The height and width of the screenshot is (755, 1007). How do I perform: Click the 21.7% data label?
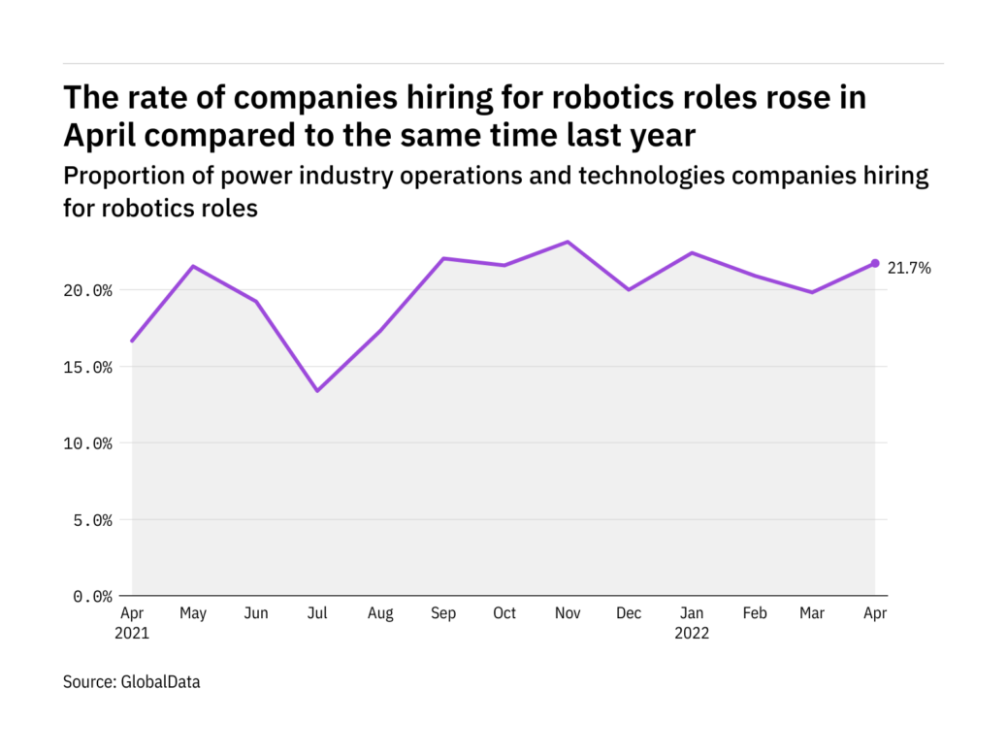coord(909,269)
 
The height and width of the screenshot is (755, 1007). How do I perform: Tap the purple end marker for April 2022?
coord(875,263)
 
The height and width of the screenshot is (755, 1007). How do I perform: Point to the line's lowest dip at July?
coord(317,391)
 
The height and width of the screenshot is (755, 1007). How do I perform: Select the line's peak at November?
coord(568,242)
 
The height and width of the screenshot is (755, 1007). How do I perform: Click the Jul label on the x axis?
coord(317,613)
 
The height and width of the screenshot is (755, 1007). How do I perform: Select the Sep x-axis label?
coord(442,613)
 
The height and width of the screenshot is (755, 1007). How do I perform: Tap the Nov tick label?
coord(568,613)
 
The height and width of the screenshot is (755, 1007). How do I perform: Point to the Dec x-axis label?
coord(630,613)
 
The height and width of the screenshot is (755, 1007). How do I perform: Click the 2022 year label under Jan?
coord(693,634)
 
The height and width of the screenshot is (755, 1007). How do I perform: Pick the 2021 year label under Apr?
coord(132,634)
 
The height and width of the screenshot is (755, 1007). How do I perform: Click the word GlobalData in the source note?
coord(160,682)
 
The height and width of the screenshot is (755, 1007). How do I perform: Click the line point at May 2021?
coord(193,266)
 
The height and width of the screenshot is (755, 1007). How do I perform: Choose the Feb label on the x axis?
coord(755,613)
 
